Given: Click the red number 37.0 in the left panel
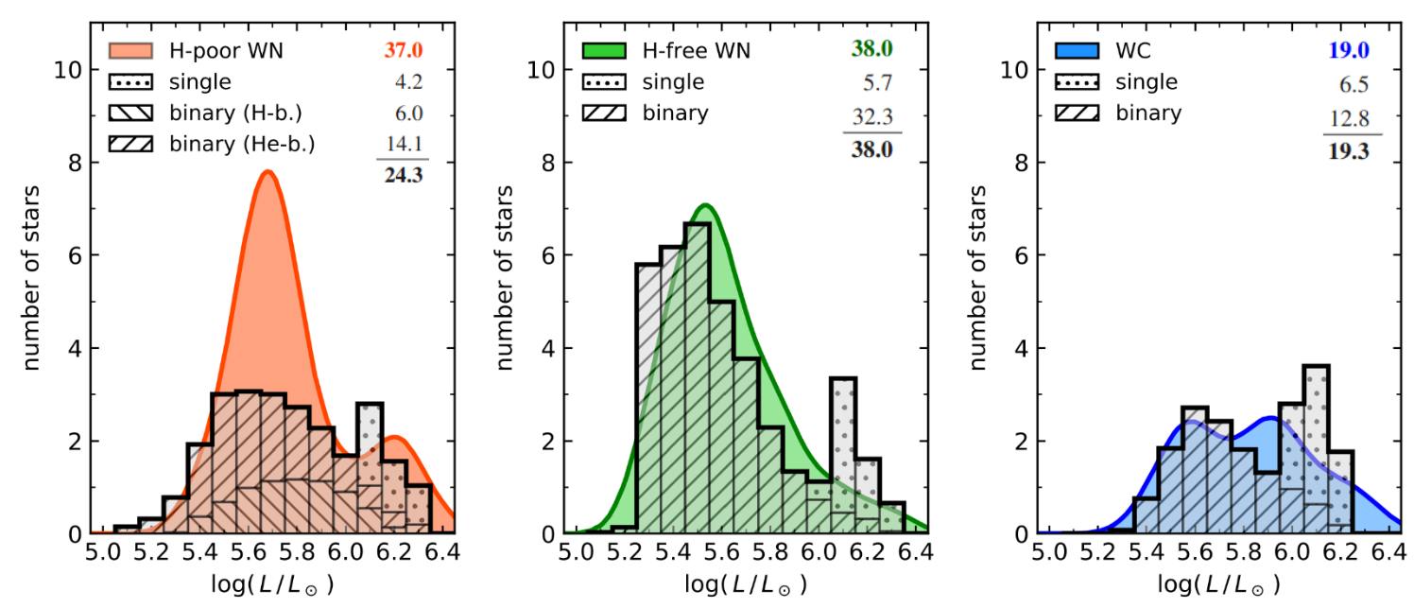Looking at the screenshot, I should click(403, 50).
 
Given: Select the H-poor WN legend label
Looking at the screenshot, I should click(226, 50).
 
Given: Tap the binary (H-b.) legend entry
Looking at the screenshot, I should click(236, 113).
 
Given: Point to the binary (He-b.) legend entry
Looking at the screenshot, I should click(242, 145).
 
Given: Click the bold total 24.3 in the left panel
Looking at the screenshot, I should click(403, 176).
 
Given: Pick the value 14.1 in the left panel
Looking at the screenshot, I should click(403, 145).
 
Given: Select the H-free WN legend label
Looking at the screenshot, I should click(696, 50).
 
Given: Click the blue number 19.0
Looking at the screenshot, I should click(1349, 50).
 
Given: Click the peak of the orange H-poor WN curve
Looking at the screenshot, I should click(268, 172).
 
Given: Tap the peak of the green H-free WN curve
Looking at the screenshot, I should click(704, 205).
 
